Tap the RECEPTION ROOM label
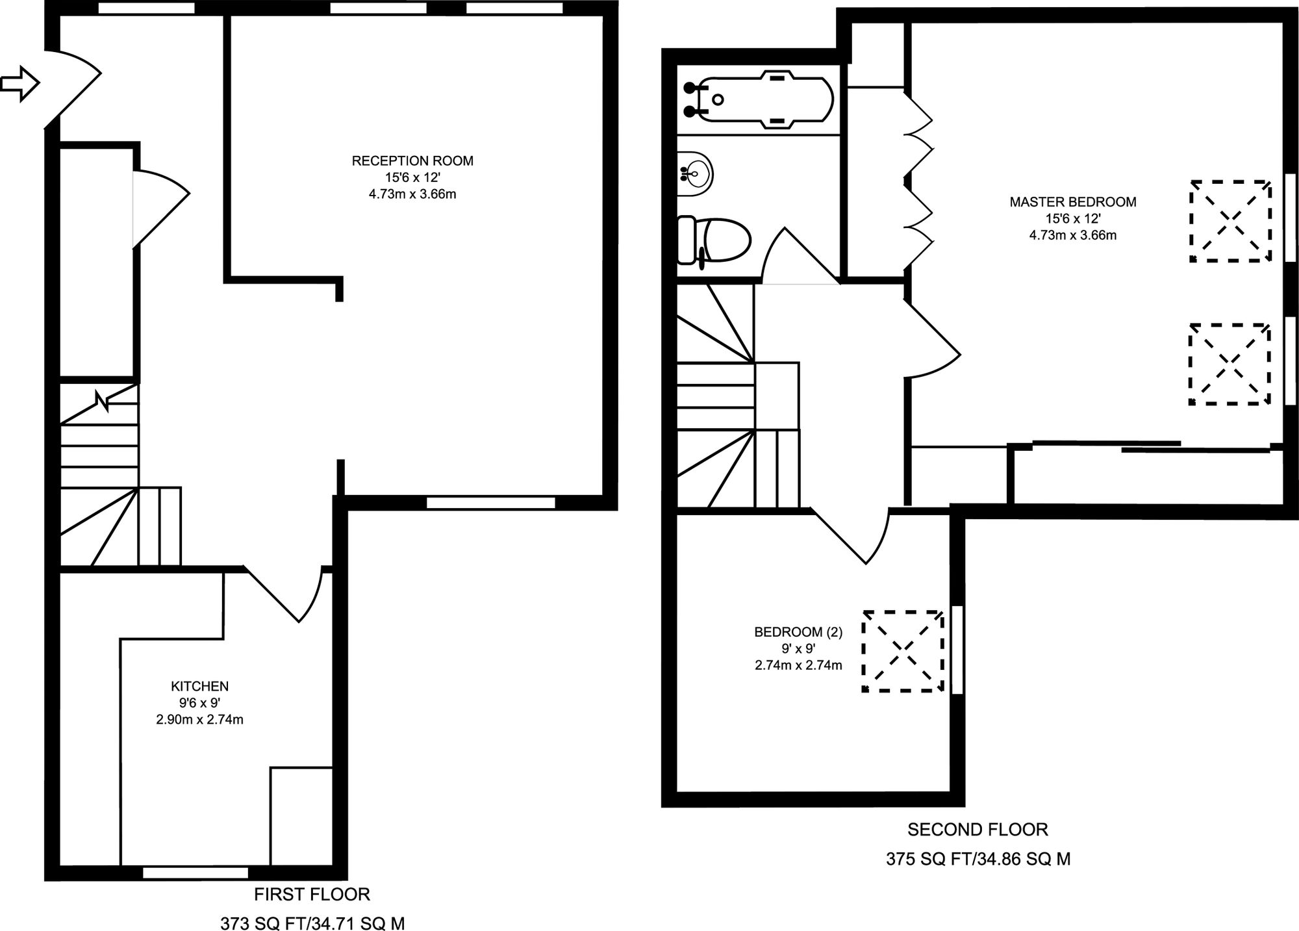click(x=412, y=160)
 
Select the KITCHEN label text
click(x=199, y=686)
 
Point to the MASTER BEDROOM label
click(x=1072, y=202)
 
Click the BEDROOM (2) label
click(x=798, y=631)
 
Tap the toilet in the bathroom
click(x=714, y=240)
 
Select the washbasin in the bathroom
click(x=695, y=174)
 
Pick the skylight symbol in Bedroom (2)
click(x=903, y=651)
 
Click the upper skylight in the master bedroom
click(x=1230, y=222)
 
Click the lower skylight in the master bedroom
click(x=1230, y=364)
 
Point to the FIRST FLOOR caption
click(x=312, y=895)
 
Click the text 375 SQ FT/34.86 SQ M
click(x=978, y=859)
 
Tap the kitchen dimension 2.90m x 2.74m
click(x=199, y=719)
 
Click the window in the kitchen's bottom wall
click(x=195, y=873)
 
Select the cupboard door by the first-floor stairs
click(x=159, y=208)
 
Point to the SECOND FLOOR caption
click(x=977, y=830)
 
